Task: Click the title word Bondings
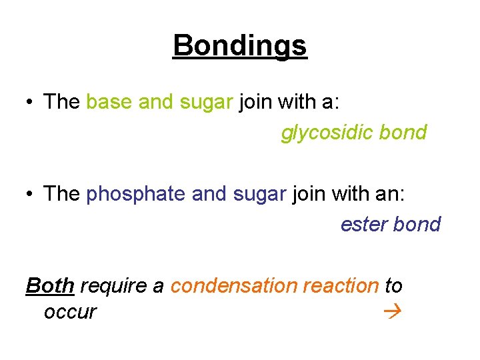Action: click(x=240, y=46)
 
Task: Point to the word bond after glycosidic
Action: click(x=403, y=133)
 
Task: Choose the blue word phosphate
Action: click(x=137, y=194)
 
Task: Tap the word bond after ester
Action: click(x=417, y=224)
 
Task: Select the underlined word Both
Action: click(x=50, y=285)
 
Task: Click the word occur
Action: click(x=70, y=311)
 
